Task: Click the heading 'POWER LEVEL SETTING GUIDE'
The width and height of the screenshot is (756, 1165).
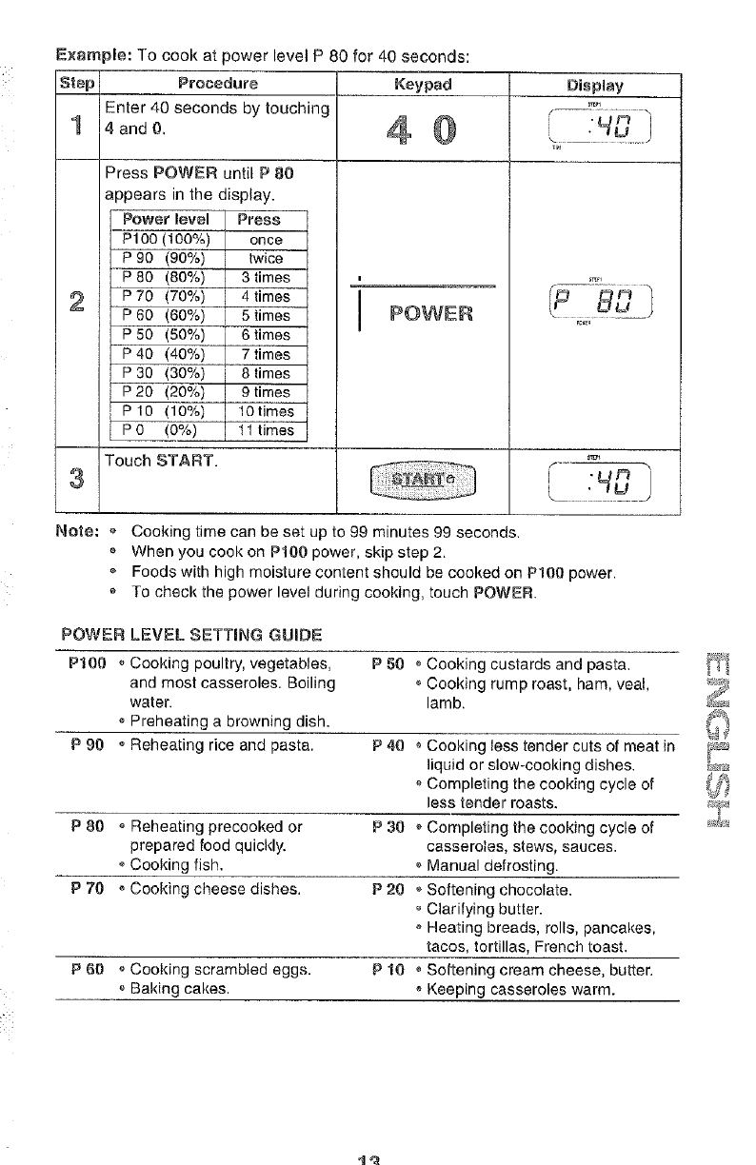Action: point(190,633)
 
